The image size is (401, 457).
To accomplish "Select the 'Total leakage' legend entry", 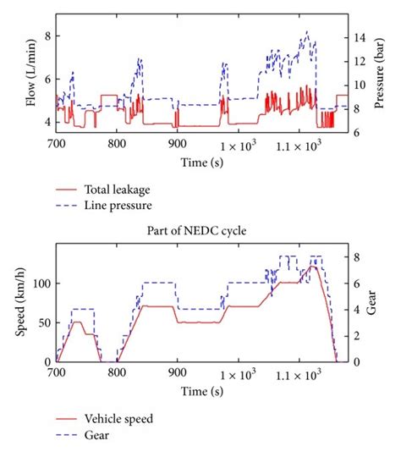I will (x=117, y=189).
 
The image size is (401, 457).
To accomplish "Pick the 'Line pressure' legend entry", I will (x=117, y=204).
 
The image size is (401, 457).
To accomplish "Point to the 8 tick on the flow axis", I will (x=48, y=36).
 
